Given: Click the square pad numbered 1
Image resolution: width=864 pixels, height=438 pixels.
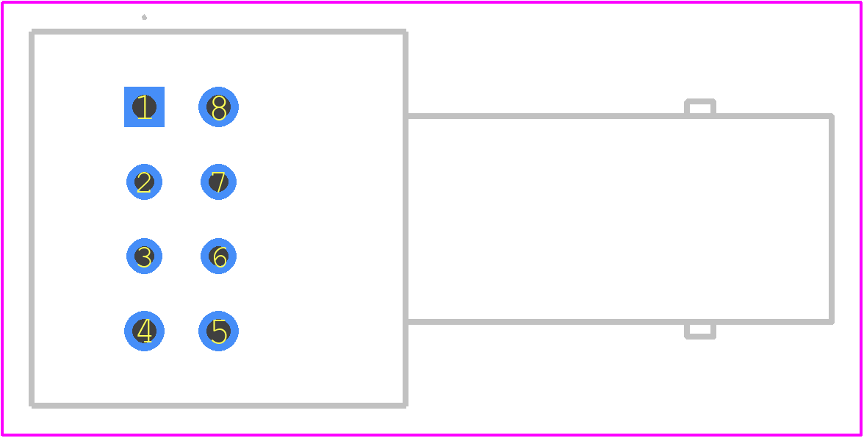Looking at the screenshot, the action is pos(144,107).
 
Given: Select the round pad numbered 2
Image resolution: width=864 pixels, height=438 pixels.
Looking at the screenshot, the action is pos(144,182).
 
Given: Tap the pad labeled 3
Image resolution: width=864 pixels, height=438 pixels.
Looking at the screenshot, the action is pos(144,256).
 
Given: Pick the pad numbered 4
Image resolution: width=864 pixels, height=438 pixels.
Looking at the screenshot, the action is pos(144,331).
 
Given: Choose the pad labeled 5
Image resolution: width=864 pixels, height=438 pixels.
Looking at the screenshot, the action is pos(219,331).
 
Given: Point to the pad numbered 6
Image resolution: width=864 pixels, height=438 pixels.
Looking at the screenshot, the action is pos(219,256).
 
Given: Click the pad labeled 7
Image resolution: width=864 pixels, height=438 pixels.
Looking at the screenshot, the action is pos(219,182).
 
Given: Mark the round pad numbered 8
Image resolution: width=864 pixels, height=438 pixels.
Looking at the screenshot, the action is pos(219,107).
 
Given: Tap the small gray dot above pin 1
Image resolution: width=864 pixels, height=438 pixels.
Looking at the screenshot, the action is pos(144,17).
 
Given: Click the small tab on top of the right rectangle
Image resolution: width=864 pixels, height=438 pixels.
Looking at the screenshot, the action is pos(699,101).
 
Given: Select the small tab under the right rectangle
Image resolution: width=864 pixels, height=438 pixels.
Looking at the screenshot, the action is pos(699,337).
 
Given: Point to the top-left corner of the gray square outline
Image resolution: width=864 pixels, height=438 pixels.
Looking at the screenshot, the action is pos(32,32).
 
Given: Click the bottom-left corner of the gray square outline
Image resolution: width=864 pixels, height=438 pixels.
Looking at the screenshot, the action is pos(32,406).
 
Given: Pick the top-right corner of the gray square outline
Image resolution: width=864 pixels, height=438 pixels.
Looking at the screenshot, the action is pos(406,32).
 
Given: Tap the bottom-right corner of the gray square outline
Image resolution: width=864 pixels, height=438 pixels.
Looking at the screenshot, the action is pos(406,406).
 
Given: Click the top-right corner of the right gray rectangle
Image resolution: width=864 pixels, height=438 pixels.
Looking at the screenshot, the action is pos(832,116).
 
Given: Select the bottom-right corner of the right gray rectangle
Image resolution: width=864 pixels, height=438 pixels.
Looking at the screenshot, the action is pos(832,322).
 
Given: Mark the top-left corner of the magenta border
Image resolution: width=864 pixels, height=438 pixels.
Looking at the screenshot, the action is pos(3,3).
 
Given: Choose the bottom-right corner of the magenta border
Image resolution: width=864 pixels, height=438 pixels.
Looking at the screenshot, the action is pos(861,435).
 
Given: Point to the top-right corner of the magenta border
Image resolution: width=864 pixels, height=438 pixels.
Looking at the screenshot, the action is pos(861,3).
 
